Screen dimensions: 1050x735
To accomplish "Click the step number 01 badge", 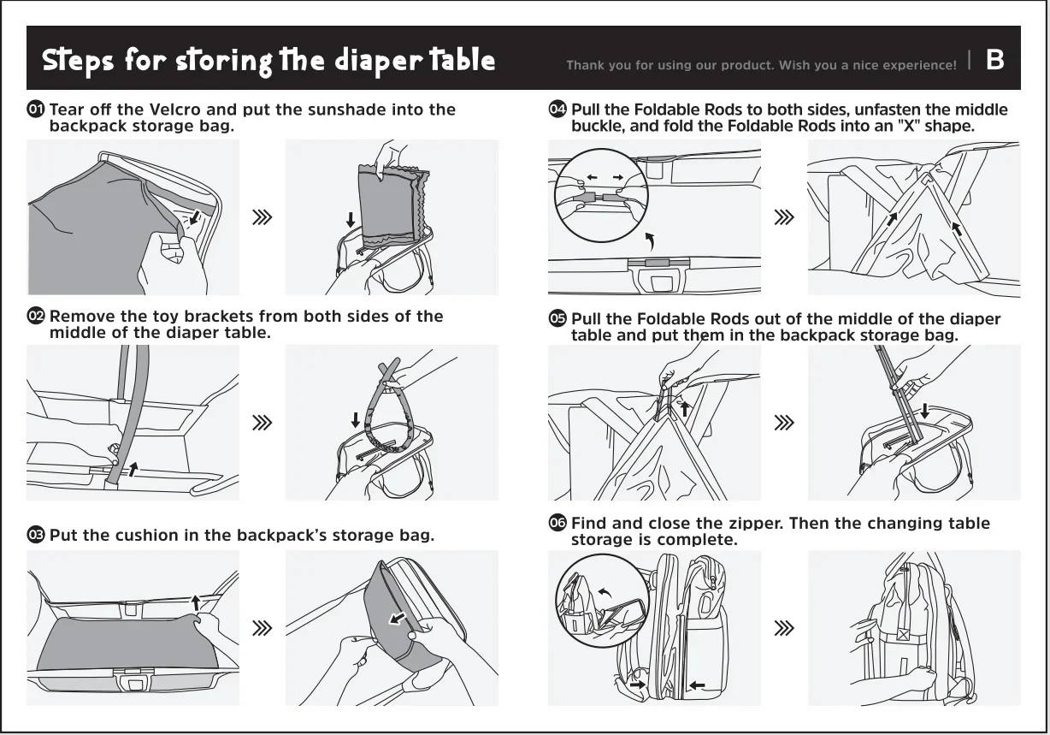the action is click(x=36, y=110).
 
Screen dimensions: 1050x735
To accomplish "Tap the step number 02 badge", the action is click(x=36, y=316).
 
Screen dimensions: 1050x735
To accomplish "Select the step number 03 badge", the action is click(x=36, y=534).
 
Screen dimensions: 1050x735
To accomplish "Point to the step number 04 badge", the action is click(x=557, y=110).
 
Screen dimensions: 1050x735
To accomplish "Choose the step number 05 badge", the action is click(x=557, y=318).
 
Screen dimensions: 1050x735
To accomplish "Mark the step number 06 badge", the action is click(x=557, y=522).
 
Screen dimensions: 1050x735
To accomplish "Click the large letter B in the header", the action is click(x=994, y=60).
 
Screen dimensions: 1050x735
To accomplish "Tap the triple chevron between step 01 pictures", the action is click(x=262, y=217).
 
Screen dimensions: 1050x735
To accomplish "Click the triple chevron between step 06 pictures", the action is click(x=784, y=627).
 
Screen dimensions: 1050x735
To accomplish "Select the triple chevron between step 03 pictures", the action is click(x=262, y=627).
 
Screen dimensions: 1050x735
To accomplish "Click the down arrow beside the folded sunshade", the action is click(x=351, y=220).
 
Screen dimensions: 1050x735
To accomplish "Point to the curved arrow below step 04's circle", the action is click(x=650, y=241).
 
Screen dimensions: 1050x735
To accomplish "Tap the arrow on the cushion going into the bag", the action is click(x=398, y=619).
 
